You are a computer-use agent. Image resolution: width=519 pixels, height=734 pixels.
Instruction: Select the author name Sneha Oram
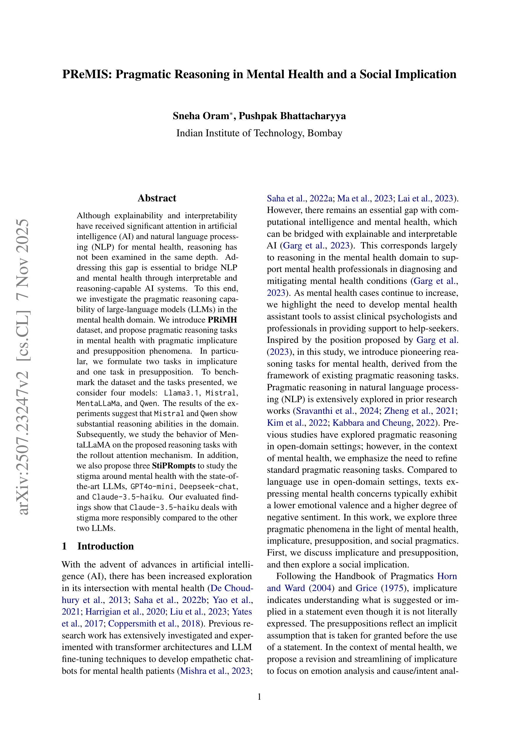(200, 116)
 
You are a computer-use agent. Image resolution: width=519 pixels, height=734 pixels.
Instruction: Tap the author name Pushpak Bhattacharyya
(292, 116)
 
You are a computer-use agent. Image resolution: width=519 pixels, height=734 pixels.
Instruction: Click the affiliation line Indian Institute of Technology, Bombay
(259, 133)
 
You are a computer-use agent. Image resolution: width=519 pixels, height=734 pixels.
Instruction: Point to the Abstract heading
(157, 198)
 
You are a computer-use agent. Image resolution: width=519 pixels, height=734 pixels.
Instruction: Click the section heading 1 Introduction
(98, 546)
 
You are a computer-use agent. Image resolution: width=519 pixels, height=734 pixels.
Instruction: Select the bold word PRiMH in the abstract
(222, 320)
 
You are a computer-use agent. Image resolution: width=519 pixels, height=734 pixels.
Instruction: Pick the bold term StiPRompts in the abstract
(174, 466)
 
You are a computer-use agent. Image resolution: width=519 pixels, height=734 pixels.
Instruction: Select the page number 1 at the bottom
(259, 697)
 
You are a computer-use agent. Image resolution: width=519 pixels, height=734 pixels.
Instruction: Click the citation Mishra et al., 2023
(215, 671)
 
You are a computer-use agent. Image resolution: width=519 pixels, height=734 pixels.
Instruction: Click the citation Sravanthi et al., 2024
(337, 411)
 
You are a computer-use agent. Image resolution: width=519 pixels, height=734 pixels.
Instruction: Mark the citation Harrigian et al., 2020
(125, 612)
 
